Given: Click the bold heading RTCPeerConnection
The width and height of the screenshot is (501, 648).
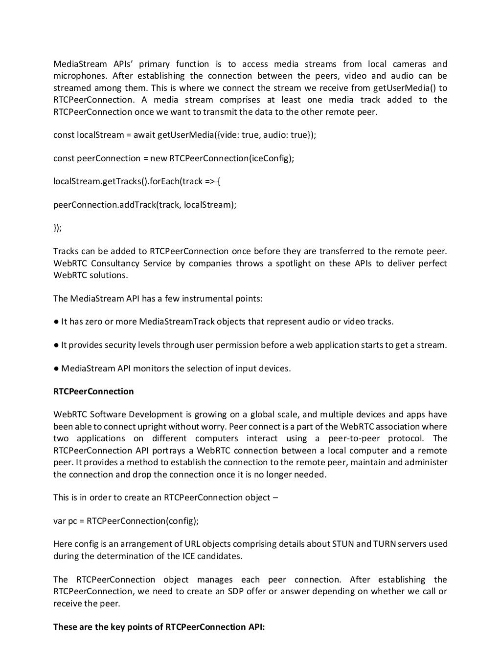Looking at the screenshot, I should [x=93, y=391].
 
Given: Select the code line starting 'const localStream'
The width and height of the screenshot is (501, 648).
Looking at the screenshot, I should [x=184, y=135].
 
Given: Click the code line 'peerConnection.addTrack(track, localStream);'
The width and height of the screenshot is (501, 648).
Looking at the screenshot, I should [x=144, y=205].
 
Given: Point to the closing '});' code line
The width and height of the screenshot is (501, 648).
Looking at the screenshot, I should [x=58, y=228].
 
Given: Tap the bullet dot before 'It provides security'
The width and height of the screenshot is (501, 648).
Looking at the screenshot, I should [x=56, y=345].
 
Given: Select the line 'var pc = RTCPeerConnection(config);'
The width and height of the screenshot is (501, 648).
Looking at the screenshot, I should [x=126, y=521].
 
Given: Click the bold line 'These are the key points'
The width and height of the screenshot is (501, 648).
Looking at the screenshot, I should [x=159, y=627].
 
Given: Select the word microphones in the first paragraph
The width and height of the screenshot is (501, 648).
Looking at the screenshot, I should [x=80, y=76].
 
